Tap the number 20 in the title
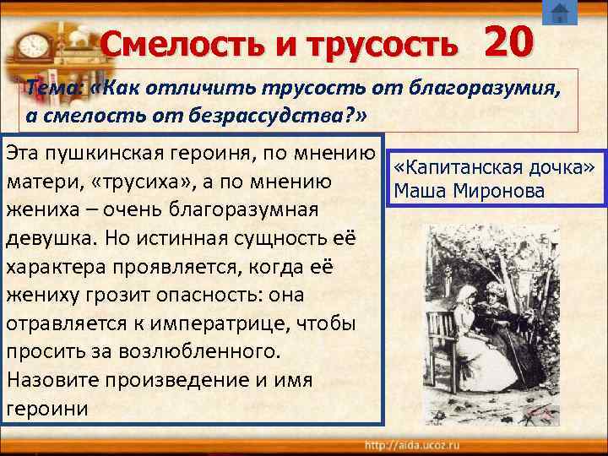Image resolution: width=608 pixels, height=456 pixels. [x=508, y=39]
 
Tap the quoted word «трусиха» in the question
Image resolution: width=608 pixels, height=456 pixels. [x=156, y=182]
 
